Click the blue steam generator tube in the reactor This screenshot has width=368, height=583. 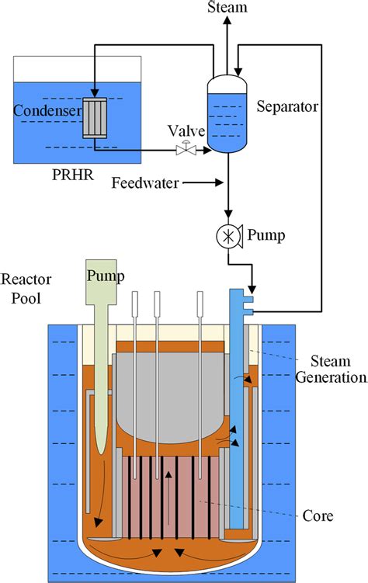coord(237,404)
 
